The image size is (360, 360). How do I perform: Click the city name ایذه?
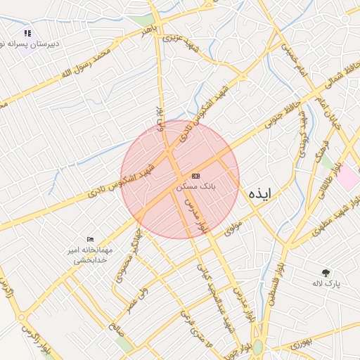(x=258, y=193)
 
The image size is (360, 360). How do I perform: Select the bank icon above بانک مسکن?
(x=195, y=176)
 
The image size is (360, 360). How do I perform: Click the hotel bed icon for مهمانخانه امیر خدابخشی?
(x=89, y=240)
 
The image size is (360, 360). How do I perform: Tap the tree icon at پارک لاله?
(x=326, y=273)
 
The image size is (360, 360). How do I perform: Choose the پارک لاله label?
(x=326, y=283)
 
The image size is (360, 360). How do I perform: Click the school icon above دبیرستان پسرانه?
(x=27, y=32)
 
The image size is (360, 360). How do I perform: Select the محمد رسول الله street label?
(x=85, y=63)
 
